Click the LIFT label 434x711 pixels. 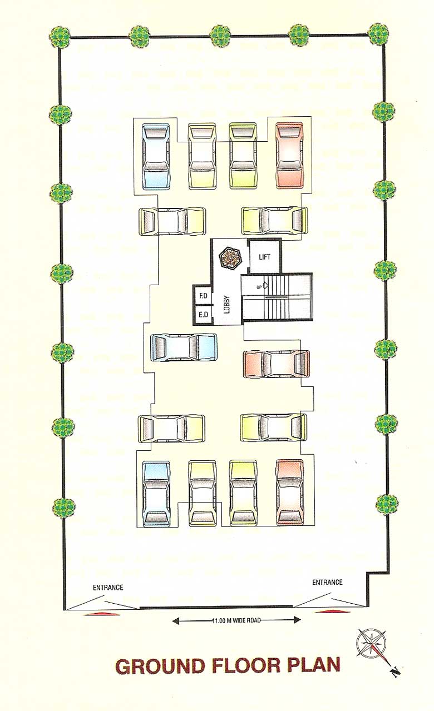click(x=265, y=257)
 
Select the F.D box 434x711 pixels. click(x=203, y=296)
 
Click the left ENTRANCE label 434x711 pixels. click(x=108, y=588)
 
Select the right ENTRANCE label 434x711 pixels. click(x=327, y=582)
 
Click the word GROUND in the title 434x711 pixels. click(x=162, y=666)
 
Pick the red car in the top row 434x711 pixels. click(x=289, y=156)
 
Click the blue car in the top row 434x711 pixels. click(x=155, y=156)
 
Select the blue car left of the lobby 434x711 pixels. click(x=184, y=347)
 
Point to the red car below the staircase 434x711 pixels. click(x=277, y=364)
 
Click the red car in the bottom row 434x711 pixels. click(x=290, y=492)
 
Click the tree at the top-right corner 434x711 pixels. click(x=379, y=34)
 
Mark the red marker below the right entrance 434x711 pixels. click(x=332, y=612)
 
